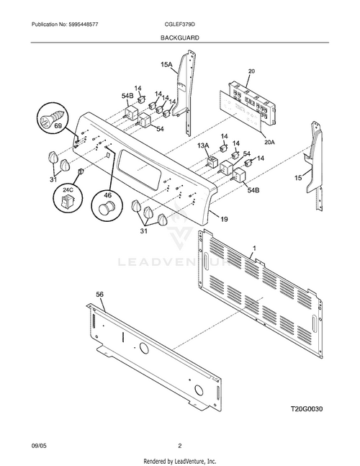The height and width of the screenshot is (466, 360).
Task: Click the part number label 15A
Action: [x=166, y=64]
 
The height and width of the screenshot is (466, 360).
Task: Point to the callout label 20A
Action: [x=269, y=143]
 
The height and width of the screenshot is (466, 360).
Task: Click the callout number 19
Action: [x=224, y=220]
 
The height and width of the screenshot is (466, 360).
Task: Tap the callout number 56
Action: [x=100, y=295]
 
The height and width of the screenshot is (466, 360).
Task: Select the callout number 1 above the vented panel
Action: [x=253, y=248]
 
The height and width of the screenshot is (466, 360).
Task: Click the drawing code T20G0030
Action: [x=307, y=409]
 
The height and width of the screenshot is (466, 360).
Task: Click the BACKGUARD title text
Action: [x=180, y=37]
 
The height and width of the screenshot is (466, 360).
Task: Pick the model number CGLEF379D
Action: [x=180, y=24]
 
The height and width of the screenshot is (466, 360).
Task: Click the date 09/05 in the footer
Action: [x=37, y=446]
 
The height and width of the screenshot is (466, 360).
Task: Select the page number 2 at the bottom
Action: [x=180, y=446]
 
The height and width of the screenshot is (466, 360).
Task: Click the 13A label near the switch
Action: [x=203, y=145]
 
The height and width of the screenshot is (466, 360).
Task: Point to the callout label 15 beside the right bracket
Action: [x=298, y=178]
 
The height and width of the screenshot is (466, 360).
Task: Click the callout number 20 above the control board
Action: [x=251, y=71]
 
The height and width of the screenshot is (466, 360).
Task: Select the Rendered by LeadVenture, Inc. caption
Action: [x=180, y=461]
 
